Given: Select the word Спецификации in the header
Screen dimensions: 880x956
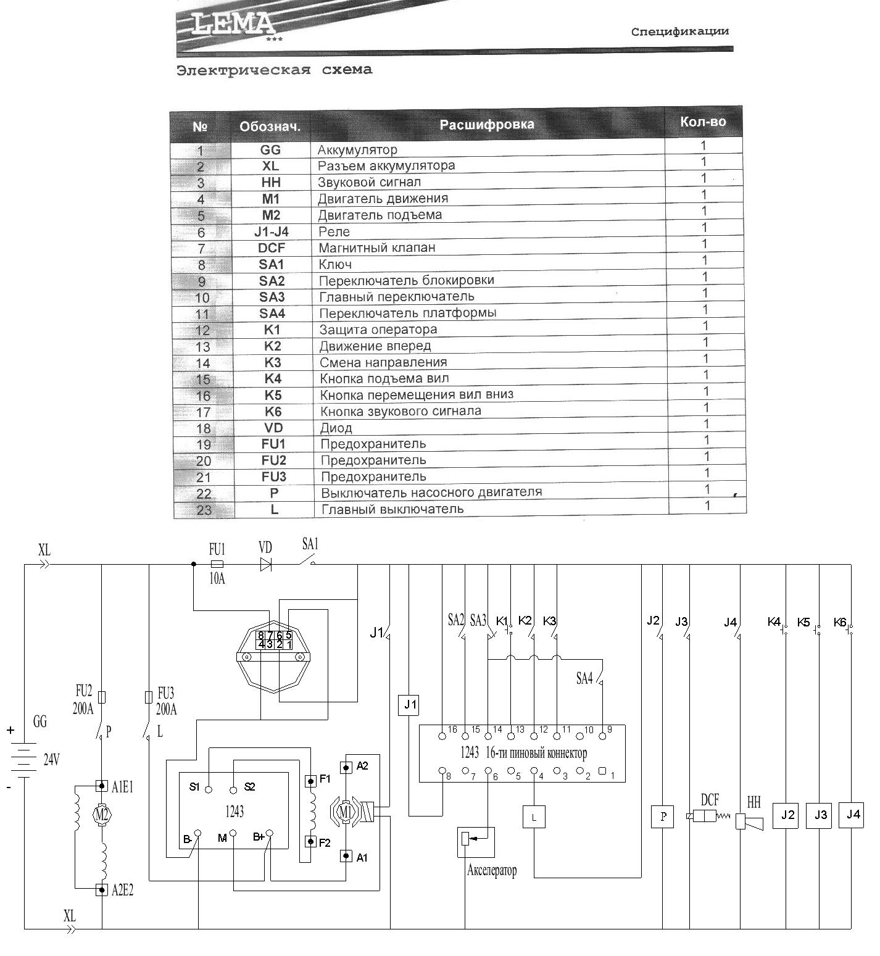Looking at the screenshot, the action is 680,31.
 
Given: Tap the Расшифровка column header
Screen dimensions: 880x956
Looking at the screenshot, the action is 487,124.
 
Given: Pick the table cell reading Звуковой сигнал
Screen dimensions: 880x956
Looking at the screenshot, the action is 369,182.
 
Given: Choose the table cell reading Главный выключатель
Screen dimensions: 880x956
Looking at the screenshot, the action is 392,509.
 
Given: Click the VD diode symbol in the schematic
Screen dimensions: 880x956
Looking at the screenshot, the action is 266,564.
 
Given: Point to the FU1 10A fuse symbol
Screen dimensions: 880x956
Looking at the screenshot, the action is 217,564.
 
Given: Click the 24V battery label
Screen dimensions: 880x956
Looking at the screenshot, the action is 51,760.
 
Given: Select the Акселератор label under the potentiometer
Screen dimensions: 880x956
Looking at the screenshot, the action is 492,870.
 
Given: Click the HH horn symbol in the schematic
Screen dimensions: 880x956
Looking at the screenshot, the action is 749,822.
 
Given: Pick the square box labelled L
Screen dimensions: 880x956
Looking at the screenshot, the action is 534,818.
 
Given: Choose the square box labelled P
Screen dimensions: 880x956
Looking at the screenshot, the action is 663,817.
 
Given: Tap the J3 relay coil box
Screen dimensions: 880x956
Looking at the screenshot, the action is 820,815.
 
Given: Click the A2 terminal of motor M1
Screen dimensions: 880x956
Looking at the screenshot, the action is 347,767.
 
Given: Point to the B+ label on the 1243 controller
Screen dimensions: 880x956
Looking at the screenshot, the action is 259,837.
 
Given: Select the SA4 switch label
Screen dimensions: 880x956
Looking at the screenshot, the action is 584,678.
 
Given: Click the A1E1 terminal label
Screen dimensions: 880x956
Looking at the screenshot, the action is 123,787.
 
